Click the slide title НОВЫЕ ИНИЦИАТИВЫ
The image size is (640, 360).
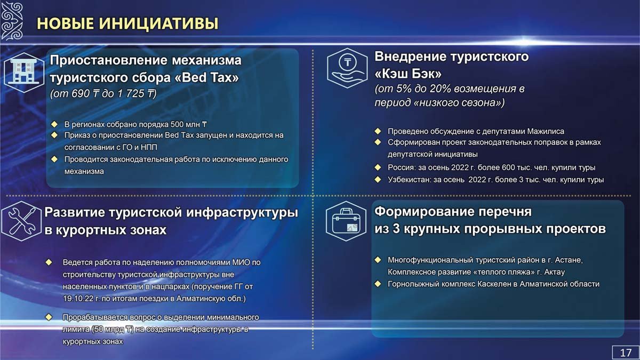[x=127, y=23]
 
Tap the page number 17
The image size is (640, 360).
[x=626, y=353]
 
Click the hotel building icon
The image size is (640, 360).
[x=24, y=73]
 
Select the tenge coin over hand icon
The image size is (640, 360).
[x=347, y=68]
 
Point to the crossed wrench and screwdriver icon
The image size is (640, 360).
[x=22, y=221]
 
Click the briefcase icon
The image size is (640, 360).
[x=346, y=221]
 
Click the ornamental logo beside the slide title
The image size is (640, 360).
[x=12, y=21]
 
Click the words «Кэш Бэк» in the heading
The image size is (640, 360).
[x=408, y=74]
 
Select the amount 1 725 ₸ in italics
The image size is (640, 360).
[x=135, y=93]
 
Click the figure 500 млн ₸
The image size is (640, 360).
[x=189, y=125]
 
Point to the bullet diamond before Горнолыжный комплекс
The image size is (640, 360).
[x=378, y=284]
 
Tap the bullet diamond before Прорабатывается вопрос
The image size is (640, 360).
[x=49, y=317]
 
